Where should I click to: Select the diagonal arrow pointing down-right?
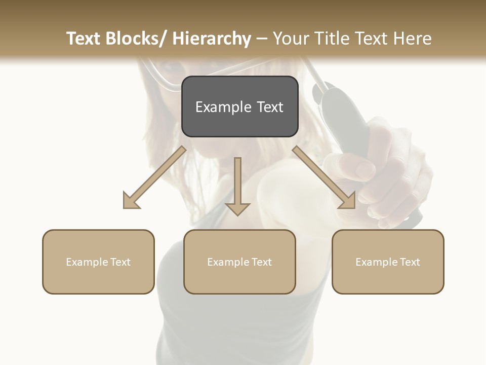[324, 177]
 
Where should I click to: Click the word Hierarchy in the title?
[211, 39]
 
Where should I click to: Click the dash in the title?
[262, 39]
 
